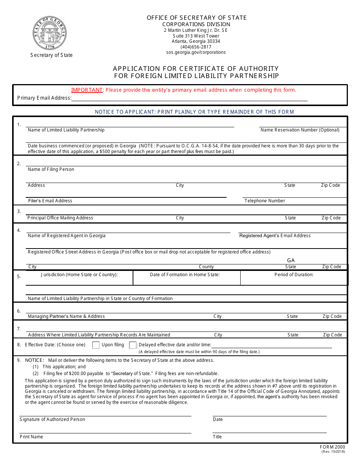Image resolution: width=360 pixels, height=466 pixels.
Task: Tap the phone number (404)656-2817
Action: coord(196,47)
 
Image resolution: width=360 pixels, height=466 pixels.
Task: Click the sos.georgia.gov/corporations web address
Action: coord(196,53)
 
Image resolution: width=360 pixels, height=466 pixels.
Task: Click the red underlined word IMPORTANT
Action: coord(87,90)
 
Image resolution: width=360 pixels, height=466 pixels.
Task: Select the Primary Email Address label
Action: coord(44,98)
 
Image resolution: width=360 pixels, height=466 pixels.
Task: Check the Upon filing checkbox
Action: coord(96,345)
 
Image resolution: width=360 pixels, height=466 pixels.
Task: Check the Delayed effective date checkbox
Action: coord(133,345)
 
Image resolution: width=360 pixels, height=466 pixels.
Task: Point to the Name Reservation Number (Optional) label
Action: coord(300,130)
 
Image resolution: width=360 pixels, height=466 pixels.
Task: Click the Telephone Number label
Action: coord(265,201)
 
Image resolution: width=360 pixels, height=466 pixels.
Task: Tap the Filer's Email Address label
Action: coord(50,201)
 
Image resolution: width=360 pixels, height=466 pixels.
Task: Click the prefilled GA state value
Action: coord(291,261)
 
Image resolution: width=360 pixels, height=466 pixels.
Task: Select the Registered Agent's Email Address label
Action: coord(275,236)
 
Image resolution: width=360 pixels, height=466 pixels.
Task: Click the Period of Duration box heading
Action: coord(294,275)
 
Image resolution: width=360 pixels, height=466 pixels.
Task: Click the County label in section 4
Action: coord(206,267)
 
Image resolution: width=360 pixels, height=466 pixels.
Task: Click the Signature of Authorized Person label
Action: coord(52,419)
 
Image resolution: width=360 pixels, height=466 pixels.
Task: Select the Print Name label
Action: coord(31,437)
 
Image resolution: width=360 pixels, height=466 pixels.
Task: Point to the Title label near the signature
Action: coord(217,437)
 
